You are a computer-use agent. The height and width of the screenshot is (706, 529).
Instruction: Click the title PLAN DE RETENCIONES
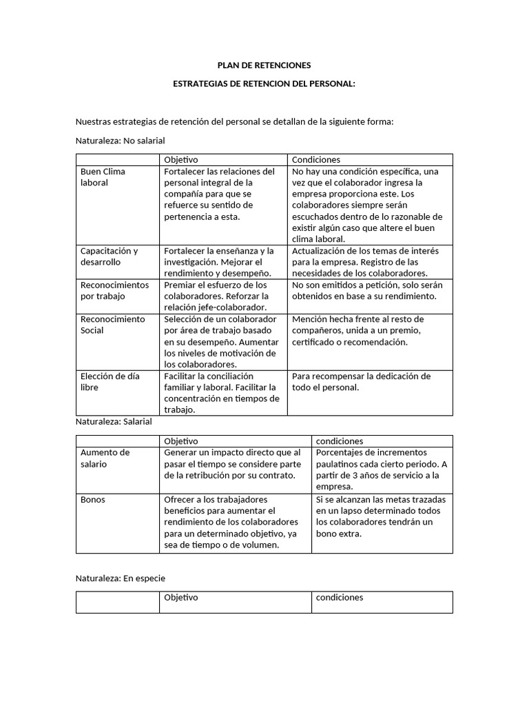(264, 65)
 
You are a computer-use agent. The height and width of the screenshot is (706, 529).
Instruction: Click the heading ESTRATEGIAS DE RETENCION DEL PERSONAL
(264, 83)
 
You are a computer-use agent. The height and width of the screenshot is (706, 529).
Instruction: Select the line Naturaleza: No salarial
(120, 141)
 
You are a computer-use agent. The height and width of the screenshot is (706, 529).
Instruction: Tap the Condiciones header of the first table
(316, 160)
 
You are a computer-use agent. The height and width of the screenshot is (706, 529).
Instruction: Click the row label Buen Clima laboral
(103, 177)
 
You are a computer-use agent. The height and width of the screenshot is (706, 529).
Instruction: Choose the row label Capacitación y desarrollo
(110, 256)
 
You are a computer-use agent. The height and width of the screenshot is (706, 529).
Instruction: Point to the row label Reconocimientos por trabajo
(114, 290)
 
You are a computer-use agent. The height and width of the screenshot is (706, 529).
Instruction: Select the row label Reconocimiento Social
(113, 325)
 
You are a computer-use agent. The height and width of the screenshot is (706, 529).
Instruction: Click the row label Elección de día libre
(110, 382)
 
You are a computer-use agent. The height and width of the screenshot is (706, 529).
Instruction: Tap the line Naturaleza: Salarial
(113, 421)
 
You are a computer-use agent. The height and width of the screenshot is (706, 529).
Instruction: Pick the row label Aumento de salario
(105, 458)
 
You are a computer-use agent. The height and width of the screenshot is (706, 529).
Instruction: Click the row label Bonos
(93, 499)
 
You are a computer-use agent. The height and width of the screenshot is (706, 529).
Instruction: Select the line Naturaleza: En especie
(120, 578)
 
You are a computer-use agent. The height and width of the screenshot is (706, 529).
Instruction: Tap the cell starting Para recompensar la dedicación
(362, 382)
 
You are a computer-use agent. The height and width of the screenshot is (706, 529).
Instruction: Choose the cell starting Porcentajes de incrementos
(382, 470)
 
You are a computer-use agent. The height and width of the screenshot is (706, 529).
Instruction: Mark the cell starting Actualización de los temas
(365, 262)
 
